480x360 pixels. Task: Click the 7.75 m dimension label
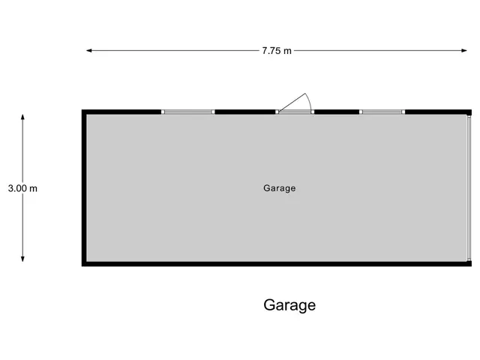click(277, 50)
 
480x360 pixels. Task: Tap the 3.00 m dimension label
click(22, 188)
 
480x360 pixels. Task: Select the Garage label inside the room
click(280, 188)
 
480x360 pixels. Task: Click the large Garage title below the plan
click(289, 305)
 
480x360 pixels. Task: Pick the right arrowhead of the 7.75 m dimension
click(464, 50)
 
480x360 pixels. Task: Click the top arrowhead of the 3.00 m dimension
click(22, 117)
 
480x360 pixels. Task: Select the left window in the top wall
click(188, 112)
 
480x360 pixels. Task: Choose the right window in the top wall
click(382, 112)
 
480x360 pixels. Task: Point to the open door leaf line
click(292, 102)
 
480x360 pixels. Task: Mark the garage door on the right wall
click(469, 188)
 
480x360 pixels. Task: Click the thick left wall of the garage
click(84, 188)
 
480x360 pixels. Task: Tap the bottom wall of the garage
click(277, 264)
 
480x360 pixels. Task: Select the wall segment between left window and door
click(245, 112)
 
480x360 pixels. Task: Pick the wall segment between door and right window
click(337, 112)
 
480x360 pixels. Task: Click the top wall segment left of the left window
click(121, 112)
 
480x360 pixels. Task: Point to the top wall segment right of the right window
click(438, 112)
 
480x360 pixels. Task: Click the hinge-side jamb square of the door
click(277, 112)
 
